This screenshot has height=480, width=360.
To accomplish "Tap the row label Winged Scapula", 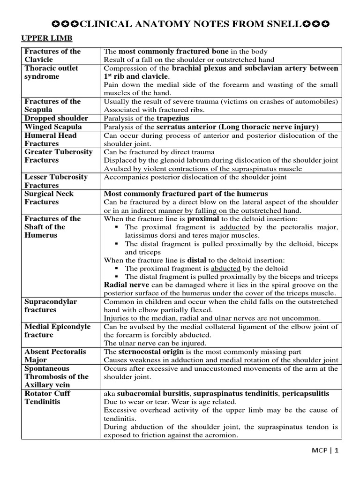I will coord(53,127).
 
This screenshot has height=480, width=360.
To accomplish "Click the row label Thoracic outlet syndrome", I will coord(51,72).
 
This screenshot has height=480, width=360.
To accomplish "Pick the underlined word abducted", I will coord(225,268).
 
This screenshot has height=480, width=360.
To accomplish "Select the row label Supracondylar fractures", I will coord(51,306).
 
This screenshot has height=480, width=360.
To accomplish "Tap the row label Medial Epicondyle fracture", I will coord(57,331).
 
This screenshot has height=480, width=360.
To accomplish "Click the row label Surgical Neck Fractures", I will coord(49,198).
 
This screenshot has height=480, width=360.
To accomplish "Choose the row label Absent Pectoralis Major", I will coord(55,356).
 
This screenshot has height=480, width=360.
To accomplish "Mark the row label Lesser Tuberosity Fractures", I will coord(56,181).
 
